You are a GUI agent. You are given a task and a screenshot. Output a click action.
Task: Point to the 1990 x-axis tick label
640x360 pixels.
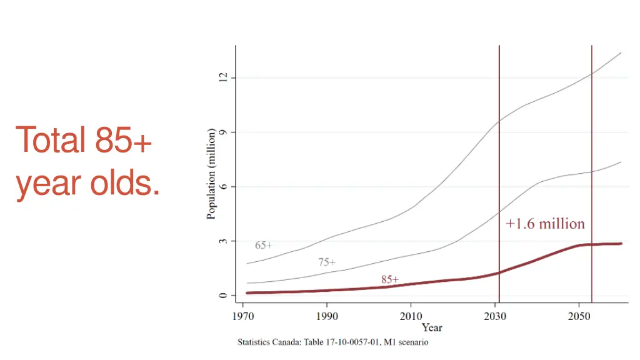click(x=327, y=316)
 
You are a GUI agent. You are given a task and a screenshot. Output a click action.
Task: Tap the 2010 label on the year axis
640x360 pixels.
click(x=411, y=316)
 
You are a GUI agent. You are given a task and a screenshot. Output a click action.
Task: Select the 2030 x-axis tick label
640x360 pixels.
click(x=496, y=316)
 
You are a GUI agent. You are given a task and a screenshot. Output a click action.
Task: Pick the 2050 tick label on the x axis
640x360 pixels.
click(x=579, y=316)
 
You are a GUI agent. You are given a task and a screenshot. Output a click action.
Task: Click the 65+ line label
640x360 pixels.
click(x=264, y=246)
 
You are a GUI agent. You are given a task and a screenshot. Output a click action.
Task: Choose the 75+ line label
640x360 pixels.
click(x=327, y=262)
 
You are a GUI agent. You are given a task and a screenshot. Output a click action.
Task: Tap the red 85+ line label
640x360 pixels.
click(x=390, y=279)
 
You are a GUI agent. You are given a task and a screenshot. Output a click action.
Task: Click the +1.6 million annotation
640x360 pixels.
click(x=545, y=224)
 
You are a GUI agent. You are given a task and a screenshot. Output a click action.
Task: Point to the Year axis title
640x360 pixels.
click(x=432, y=327)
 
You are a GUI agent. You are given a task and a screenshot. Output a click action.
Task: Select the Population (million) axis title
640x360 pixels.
click(x=211, y=174)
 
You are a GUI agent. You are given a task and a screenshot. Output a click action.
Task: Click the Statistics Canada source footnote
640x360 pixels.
click(x=332, y=342)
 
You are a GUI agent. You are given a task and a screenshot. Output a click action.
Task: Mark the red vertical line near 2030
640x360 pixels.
click(x=499, y=156)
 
